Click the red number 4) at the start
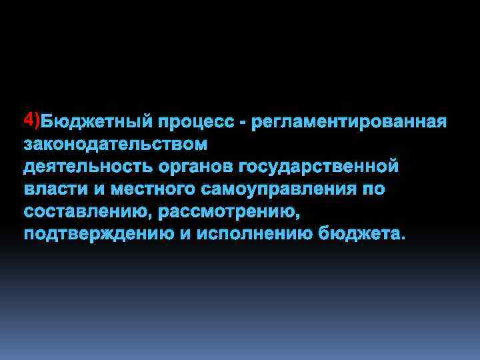[x=31, y=120]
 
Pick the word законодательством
[x=115, y=144]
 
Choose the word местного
[x=145, y=189]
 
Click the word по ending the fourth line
[x=373, y=189]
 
